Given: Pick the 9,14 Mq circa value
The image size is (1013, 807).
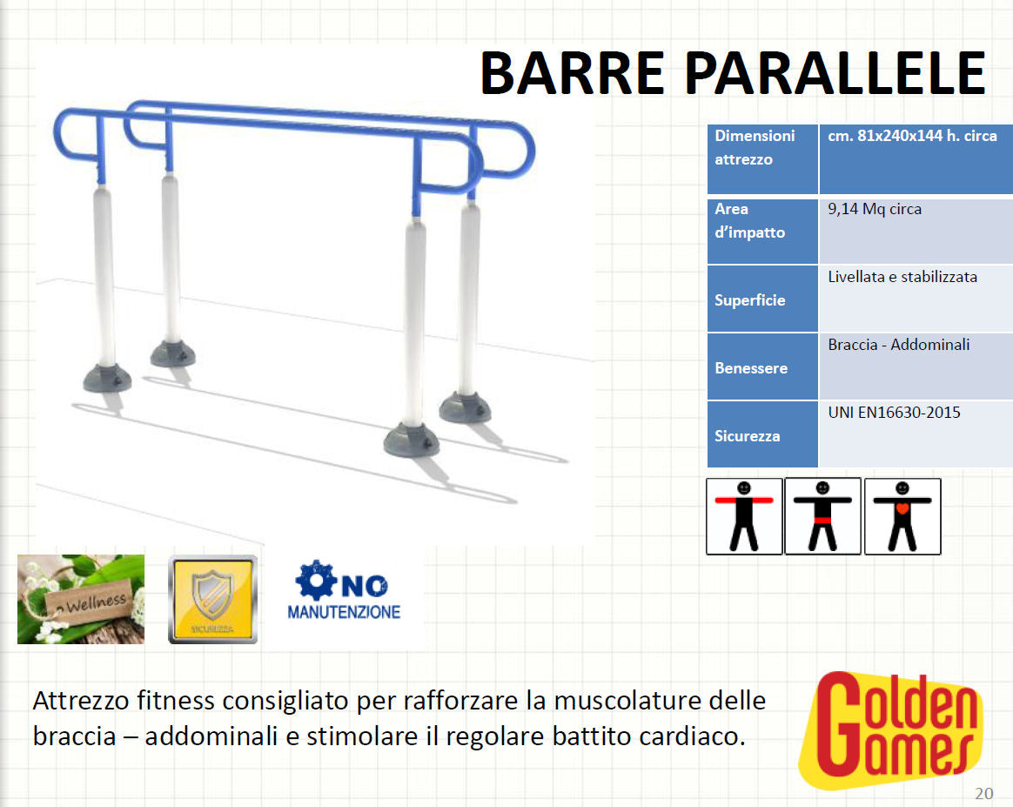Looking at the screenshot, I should click(x=875, y=209).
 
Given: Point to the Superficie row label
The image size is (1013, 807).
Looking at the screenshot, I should click(x=749, y=300).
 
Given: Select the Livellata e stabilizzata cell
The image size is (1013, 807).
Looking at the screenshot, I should click(x=902, y=277).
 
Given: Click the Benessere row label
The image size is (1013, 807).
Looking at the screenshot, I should click(x=750, y=368).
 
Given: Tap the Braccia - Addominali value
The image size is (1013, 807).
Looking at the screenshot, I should click(x=899, y=345).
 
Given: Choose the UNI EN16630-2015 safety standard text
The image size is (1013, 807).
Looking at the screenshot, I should click(x=894, y=413).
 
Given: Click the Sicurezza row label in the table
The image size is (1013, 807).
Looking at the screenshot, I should click(x=747, y=436).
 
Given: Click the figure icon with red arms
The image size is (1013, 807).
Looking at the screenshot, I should click(x=744, y=515).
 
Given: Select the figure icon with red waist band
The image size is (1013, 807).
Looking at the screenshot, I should click(x=822, y=515).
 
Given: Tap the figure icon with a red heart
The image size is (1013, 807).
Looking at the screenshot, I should click(x=902, y=515).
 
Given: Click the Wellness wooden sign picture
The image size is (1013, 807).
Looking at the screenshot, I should click(x=81, y=599).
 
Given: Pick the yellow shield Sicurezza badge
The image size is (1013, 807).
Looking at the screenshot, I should click(x=212, y=599).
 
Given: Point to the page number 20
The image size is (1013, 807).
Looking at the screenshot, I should click(x=983, y=793).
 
